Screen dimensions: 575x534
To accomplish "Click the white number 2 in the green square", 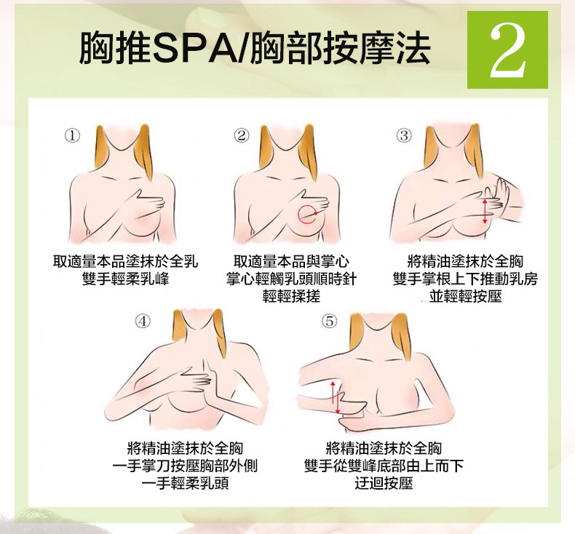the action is (508, 50).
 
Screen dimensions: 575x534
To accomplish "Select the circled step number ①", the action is (72, 135).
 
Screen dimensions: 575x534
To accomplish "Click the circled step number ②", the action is (242, 135).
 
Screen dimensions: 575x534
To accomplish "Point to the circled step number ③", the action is (404, 135).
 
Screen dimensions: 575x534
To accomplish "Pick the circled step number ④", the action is (143, 321).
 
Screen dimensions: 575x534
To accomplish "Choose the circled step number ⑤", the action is (329, 321).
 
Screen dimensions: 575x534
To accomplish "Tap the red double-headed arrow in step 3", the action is (485, 211).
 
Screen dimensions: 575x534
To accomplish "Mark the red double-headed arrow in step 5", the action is (335, 398).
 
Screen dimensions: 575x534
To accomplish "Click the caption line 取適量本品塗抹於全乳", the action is (125, 262).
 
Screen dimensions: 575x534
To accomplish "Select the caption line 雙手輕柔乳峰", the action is (125, 279).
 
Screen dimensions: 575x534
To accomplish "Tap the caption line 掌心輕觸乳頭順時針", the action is (291, 279).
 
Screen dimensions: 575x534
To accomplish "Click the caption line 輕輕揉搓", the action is (292, 296).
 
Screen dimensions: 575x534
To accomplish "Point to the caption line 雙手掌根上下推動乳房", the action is (465, 279).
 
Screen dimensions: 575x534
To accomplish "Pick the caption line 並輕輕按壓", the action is (465, 296).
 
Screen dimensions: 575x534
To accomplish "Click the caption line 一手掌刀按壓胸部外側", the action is (185, 466).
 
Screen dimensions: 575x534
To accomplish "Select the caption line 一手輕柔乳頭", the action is (185, 483).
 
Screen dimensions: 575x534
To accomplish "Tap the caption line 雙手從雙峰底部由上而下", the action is (384, 466).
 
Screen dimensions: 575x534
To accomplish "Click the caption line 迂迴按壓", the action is (384, 483).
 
